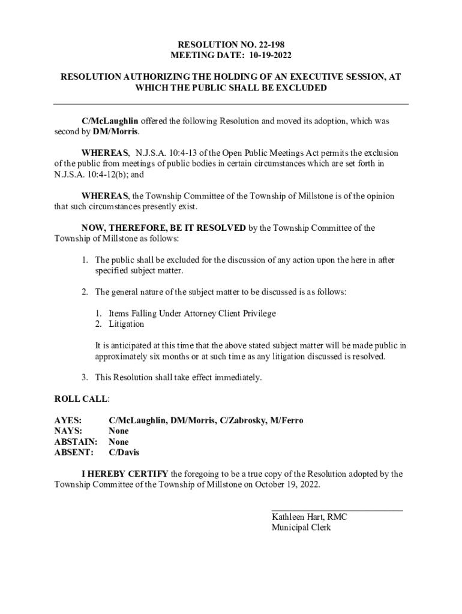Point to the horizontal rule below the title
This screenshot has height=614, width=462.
231,104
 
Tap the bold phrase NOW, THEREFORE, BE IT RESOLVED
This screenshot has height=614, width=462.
163,228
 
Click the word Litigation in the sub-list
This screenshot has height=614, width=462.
126,324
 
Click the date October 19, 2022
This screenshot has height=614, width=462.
287,485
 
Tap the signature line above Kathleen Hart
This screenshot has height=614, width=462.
337,510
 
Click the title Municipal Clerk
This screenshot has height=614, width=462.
301,528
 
